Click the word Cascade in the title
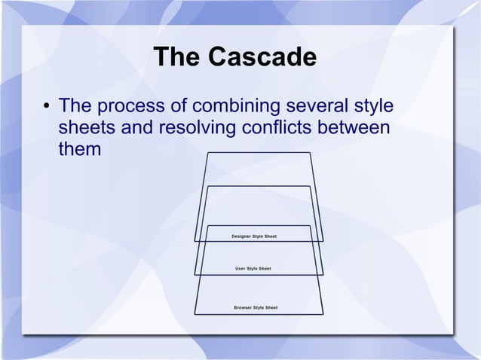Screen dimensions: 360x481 point(264,57)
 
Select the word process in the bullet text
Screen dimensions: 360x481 point(131,105)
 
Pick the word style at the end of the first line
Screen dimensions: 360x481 point(375,105)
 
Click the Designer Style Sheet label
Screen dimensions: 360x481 point(254,236)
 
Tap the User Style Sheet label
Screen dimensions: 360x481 point(253,268)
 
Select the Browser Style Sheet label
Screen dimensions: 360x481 point(255,307)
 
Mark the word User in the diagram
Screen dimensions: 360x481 point(241,268)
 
